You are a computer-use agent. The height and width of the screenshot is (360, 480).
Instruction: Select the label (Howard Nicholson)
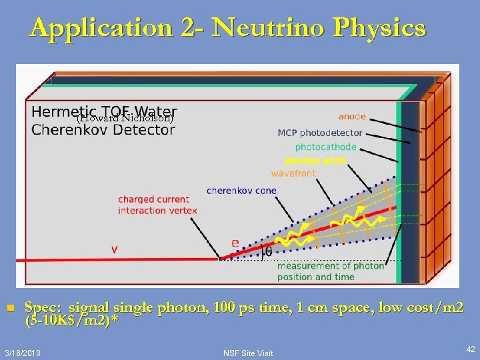(x=125, y=119)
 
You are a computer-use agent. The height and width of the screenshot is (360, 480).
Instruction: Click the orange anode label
(x=352, y=117)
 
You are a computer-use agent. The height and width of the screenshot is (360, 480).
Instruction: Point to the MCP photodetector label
(x=320, y=133)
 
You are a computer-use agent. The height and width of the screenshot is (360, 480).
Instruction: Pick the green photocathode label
(x=326, y=147)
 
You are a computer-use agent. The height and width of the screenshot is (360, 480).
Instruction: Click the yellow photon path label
(x=315, y=161)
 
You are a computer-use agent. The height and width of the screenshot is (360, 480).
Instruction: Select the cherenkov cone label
(x=241, y=191)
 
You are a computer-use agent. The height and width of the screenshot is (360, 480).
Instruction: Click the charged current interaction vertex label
(x=158, y=205)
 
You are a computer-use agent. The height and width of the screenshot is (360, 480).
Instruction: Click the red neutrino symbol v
(x=115, y=249)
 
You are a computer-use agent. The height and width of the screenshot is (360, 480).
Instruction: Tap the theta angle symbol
(x=267, y=252)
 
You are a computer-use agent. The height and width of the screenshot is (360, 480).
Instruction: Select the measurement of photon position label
(x=331, y=271)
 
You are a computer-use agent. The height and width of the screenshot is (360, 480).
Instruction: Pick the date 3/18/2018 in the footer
(x=21, y=352)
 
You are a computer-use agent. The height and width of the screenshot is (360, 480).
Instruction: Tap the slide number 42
(x=470, y=349)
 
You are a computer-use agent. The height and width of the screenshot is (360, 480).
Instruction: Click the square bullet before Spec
(x=9, y=308)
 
